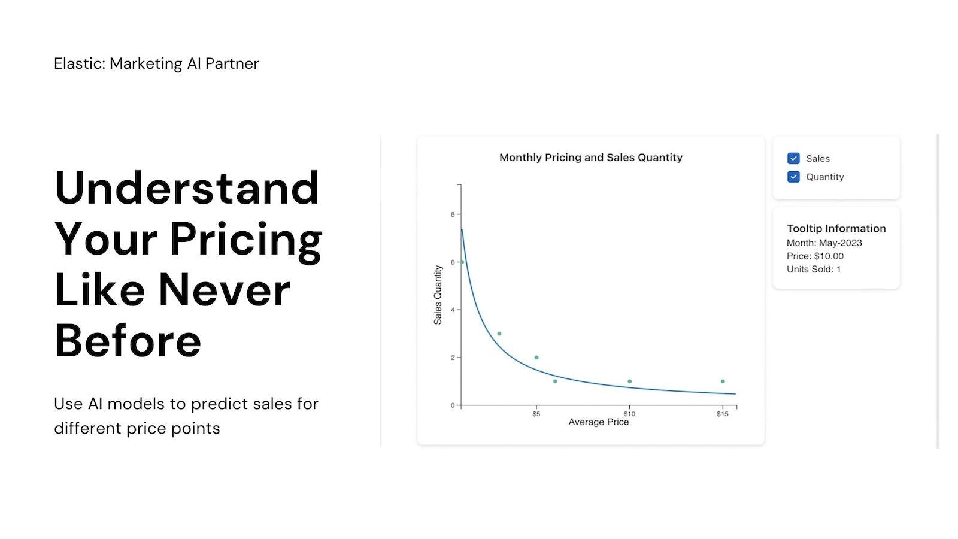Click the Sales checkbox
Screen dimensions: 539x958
tap(793, 159)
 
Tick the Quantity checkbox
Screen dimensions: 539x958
tap(793, 177)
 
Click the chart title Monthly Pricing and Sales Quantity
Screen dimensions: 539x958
tap(590, 158)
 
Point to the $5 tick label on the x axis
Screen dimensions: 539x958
tap(536, 414)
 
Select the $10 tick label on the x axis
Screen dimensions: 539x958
tap(629, 414)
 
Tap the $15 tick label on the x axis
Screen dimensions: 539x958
tap(723, 414)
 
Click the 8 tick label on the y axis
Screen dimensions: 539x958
tap(453, 214)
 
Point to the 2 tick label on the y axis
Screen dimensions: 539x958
tap(453, 358)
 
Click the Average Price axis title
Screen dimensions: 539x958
tap(598, 422)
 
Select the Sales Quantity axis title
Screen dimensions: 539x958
tap(438, 295)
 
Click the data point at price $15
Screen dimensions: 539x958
tap(723, 381)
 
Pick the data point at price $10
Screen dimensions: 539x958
tap(629, 381)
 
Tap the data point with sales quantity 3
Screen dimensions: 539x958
tap(499, 334)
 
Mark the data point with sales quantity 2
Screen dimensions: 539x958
tap(536, 358)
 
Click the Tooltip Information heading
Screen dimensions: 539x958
tap(836, 229)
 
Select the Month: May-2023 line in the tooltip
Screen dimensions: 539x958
tap(824, 243)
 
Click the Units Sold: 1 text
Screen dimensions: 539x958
tap(814, 269)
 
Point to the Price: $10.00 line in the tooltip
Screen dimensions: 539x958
tap(815, 256)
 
